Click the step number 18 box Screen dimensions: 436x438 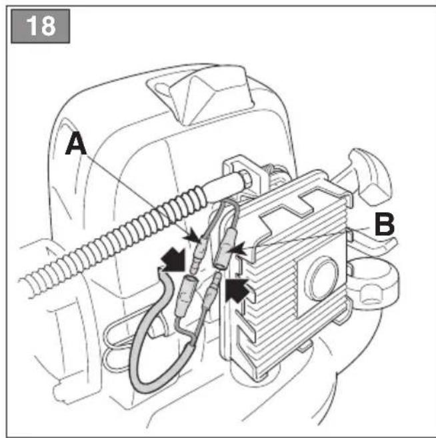[40, 26]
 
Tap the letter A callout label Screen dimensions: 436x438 [76, 143]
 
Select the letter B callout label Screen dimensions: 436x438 [385, 224]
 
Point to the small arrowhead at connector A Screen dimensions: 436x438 [192, 235]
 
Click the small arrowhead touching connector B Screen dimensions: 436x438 [239, 249]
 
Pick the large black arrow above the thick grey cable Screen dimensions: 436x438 [173, 259]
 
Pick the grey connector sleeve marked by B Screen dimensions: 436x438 [224, 248]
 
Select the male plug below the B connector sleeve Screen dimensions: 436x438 [212, 291]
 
